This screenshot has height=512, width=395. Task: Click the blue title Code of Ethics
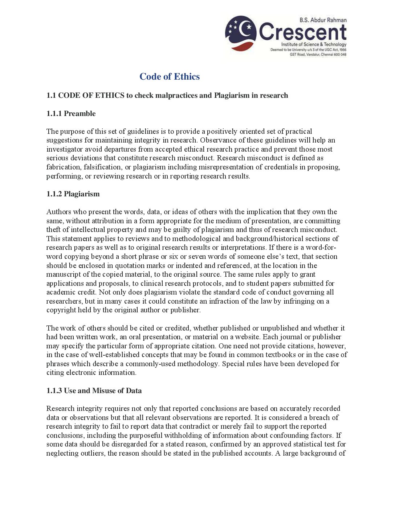click(170, 76)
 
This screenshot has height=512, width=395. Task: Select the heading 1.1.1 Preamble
click(71, 113)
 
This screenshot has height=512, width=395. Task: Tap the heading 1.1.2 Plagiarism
click(73, 194)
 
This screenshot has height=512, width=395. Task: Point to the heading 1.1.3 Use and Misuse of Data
click(94, 391)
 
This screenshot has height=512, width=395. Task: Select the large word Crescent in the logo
click(303, 32)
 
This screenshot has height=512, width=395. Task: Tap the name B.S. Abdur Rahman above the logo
click(323, 20)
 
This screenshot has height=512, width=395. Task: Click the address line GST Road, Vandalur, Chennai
click(318, 55)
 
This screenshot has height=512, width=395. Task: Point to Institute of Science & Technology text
click(314, 44)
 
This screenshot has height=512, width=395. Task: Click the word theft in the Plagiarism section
click(53, 229)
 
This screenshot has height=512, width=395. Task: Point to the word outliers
click(91, 453)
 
